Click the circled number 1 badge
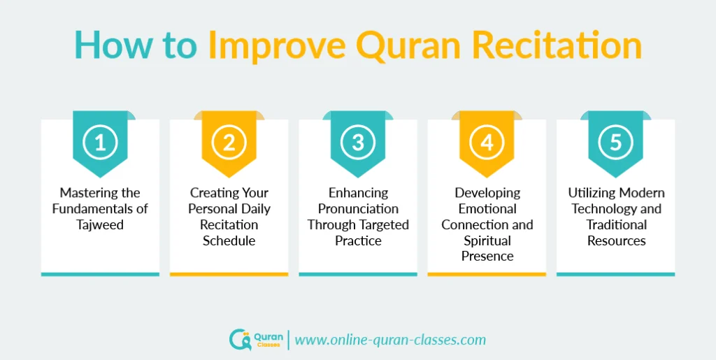tap(100, 143)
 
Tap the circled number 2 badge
tap(229, 143)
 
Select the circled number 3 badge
tap(358, 143)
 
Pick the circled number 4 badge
tap(487, 143)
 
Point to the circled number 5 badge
tap(615, 143)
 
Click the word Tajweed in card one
tap(100, 224)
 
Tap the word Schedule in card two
tap(229, 240)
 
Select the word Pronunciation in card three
tap(358, 208)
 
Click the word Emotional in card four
tap(487, 208)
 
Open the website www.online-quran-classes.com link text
tap(389, 340)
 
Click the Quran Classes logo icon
tap(239, 340)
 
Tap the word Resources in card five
tap(616, 240)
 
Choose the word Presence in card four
tap(487, 256)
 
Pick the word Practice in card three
tap(358, 240)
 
